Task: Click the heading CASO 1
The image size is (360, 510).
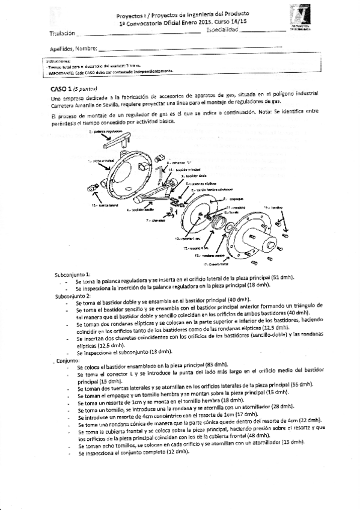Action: pos(62,88)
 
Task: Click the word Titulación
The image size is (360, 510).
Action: pos(63,33)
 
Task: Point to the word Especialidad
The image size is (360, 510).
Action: pos(226,29)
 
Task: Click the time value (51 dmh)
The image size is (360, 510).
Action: pos(283,278)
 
